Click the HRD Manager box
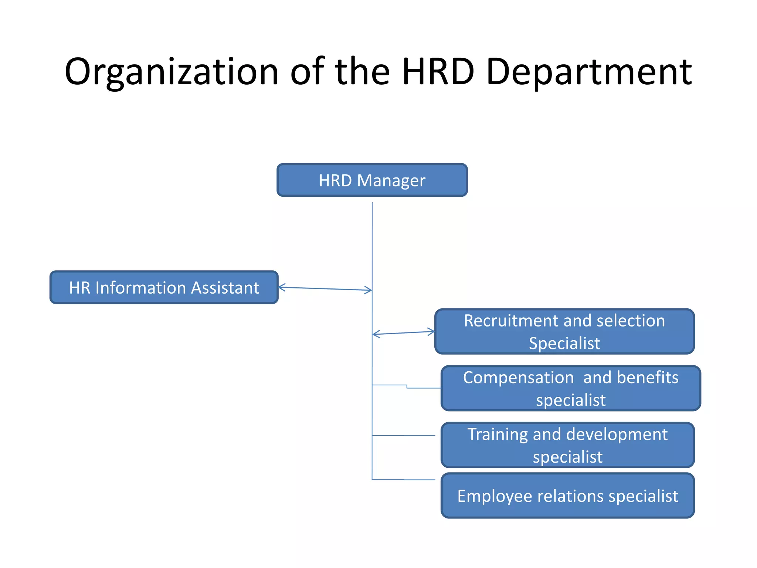372,180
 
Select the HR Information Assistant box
164,287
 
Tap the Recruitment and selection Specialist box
564,331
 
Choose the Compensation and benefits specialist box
571,388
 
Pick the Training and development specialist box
567,445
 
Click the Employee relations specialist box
567,496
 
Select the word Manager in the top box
391,180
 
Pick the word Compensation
518,378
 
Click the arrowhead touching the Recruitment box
431,331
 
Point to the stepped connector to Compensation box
407,387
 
